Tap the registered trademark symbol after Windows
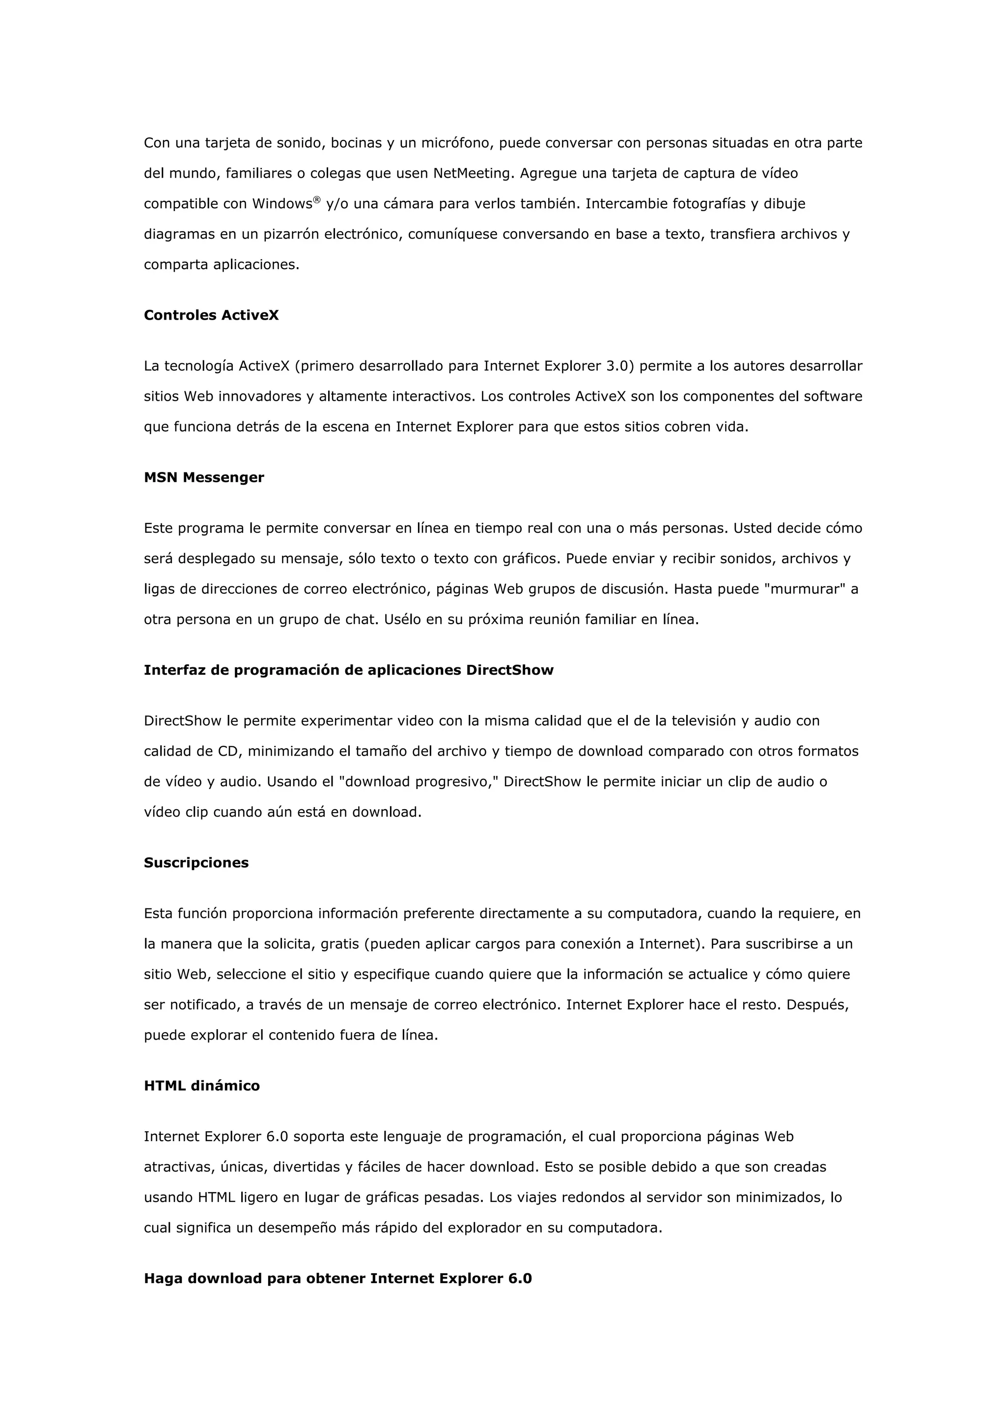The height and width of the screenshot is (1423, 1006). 317,199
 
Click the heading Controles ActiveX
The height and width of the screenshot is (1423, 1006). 211,315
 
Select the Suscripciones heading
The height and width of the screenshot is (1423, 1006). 196,863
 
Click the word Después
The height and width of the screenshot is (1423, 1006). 817,1005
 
